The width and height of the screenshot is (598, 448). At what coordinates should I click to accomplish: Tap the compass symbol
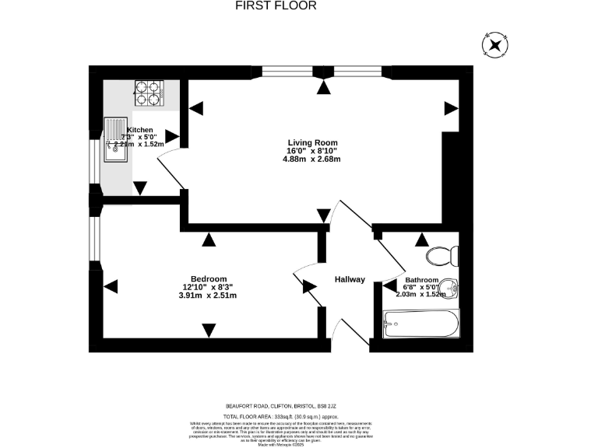(494, 46)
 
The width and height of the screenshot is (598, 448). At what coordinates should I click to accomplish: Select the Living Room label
(311, 142)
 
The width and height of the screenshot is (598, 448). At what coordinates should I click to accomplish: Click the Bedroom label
(208, 279)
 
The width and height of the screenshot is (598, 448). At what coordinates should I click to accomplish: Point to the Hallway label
(350, 279)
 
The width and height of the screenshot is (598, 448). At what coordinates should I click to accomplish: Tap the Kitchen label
(140, 130)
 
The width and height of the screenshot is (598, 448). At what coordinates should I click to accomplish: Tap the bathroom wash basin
(453, 289)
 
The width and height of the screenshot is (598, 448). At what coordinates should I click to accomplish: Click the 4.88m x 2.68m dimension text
(311, 159)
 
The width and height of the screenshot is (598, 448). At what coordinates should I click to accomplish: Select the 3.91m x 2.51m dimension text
(207, 296)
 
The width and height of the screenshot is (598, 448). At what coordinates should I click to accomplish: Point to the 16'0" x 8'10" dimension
(311, 150)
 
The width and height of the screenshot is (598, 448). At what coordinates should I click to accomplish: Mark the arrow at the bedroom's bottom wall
(208, 331)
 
